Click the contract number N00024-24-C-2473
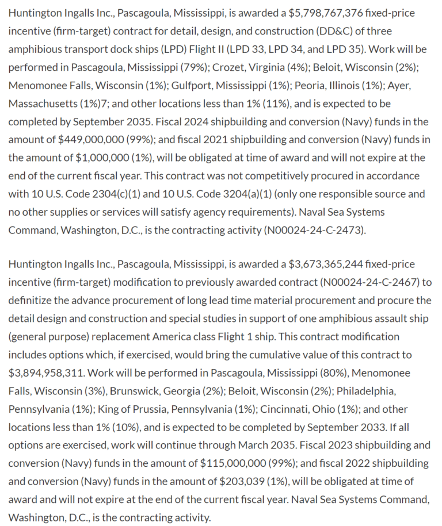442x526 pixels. point(313,230)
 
